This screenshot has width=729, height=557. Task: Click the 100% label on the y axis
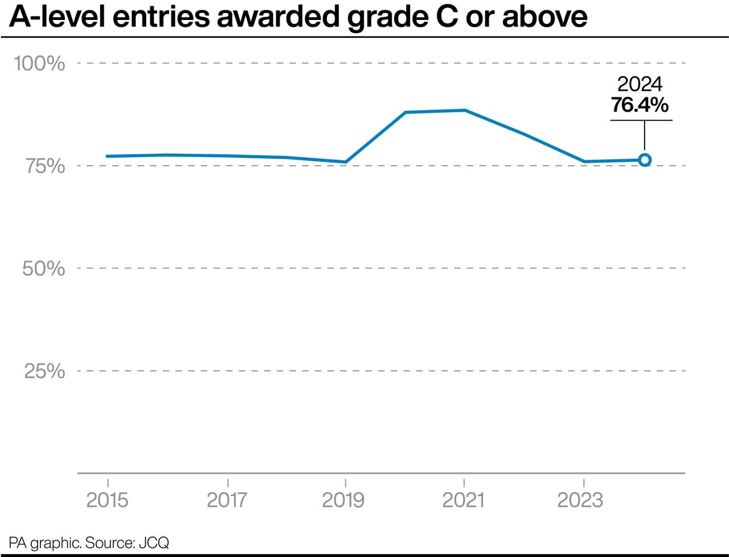[x=39, y=63]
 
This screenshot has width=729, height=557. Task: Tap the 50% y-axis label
[x=43, y=268]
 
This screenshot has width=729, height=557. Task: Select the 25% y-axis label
[x=44, y=371]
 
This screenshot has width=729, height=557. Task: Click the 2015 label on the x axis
[x=107, y=500]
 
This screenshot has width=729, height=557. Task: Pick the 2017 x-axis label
[x=227, y=500]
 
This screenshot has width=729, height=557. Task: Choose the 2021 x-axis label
[x=464, y=500]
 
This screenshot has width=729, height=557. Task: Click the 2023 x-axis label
[x=580, y=500]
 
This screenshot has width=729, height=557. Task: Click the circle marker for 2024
[x=644, y=160]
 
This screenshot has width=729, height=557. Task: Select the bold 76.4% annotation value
[x=640, y=105]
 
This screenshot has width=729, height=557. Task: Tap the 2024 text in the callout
[x=640, y=84]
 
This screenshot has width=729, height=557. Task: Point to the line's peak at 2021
[x=465, y=110]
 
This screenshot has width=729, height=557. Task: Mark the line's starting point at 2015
[x=108, y=156]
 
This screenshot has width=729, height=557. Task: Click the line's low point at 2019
[x=345, y=162]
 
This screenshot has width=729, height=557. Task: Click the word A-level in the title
[x=50, y=17]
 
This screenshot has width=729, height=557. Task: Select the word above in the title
[x=544, y=17]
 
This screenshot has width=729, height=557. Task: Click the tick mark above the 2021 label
[x=464, y=480]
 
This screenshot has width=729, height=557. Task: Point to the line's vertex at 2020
[x=405, y=112]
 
